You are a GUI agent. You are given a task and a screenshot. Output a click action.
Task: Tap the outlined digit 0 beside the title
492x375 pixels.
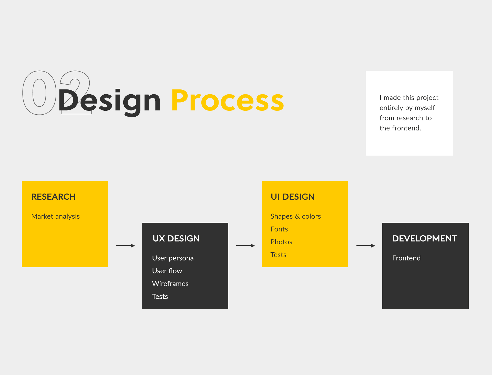click(x=39, y=93)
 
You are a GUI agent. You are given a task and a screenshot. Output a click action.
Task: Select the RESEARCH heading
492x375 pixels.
click(x=54, y=197)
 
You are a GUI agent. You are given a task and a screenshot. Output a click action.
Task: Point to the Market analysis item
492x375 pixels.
click(x=55, y=216)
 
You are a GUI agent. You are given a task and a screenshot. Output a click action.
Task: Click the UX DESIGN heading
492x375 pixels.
click(x=176, y=238)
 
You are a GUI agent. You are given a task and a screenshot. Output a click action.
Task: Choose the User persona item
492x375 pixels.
click(x=173, y=258)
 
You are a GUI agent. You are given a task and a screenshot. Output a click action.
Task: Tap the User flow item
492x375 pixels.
click(x=167, y=271)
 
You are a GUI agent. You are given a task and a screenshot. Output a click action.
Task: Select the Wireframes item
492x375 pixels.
click(x=170, y=283)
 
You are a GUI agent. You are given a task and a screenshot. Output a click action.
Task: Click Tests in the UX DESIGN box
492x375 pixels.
click(x=160, y=297)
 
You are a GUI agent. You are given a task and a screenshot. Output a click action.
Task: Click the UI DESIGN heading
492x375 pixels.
click(x=293, y=197)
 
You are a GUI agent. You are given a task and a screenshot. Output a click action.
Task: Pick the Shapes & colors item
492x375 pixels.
click(x=296, y=216)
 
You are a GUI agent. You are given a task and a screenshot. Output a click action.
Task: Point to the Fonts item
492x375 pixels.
click(x=279, y=229)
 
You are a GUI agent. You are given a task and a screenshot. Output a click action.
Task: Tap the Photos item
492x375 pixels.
click(x=281, y=242)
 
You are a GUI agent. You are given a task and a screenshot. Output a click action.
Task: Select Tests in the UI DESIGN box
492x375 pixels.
click(x=278, y=255)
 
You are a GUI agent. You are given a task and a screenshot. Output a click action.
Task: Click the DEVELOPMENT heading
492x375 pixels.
click(x=425, y=238)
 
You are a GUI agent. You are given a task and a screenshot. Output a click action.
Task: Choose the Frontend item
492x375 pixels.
click(x=406, y=258)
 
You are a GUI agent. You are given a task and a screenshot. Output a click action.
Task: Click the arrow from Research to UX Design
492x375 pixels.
click(x=126, y=246)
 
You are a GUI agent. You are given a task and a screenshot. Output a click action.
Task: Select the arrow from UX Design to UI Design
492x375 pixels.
click(x=245, y=246)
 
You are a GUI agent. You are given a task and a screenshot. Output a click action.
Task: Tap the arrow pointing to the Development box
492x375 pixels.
click(x=366, y=246)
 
